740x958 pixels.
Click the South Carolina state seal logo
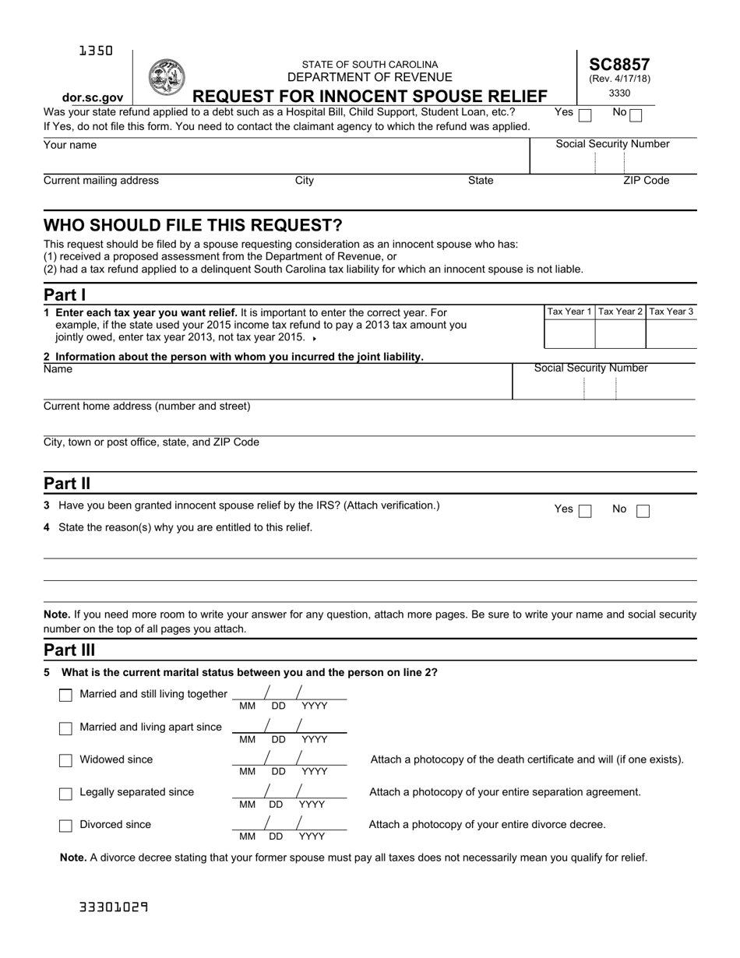166,77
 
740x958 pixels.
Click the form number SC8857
619,65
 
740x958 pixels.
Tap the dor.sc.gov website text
93,97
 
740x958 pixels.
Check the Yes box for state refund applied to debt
585,115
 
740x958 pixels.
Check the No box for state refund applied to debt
636,115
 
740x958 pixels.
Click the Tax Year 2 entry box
620,333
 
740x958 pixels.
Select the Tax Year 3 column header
671,312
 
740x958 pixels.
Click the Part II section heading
67,484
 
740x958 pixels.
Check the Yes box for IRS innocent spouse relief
585,512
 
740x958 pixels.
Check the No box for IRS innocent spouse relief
643,512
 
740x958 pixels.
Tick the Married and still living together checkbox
66,696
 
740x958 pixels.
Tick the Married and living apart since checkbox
66,728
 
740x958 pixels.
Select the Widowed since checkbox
66,761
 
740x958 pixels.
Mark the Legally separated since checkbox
66,794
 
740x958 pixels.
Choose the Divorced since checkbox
66,826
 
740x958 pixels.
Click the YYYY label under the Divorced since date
312,836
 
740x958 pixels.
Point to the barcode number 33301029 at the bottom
114,907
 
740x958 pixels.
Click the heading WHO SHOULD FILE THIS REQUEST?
192,226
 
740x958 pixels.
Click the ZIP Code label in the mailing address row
646,181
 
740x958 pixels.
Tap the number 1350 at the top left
96,51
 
